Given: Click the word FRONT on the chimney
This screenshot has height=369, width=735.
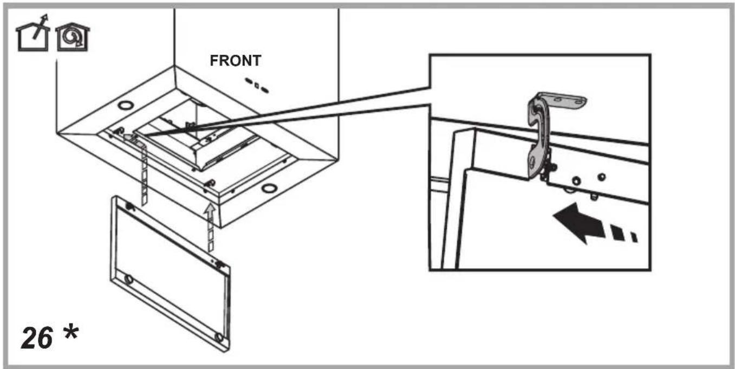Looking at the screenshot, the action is [x=235, y=61].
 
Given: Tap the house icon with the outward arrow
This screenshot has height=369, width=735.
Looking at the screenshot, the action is [x=33, y=33].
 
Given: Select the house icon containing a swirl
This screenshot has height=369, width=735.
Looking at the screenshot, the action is [x=73, y=37].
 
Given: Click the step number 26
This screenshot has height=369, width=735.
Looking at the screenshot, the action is [x=37, y=338].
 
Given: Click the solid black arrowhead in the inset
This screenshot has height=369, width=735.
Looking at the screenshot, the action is [x=579, y=223].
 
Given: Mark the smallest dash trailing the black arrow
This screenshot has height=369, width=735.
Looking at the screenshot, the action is [x=634, y=237].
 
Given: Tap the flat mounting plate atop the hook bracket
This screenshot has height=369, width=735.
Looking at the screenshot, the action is [x=564, y=100].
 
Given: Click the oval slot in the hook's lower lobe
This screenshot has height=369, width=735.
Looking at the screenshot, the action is [x=532, y=161].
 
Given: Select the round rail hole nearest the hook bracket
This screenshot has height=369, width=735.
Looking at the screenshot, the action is [x=576, y=181].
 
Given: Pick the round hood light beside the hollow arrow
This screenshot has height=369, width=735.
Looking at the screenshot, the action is [x=269, y=189].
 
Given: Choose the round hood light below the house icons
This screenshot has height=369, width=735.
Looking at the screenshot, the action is [x=126, y=105].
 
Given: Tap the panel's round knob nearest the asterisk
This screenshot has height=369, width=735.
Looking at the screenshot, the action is [x=128, y=280].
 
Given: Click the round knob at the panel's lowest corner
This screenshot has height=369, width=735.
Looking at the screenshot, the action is [x=218, y=337].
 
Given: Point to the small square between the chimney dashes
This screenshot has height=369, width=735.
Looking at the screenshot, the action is [x=257, y=86].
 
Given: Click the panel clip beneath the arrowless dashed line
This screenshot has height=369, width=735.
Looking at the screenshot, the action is [x=130, y=207].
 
